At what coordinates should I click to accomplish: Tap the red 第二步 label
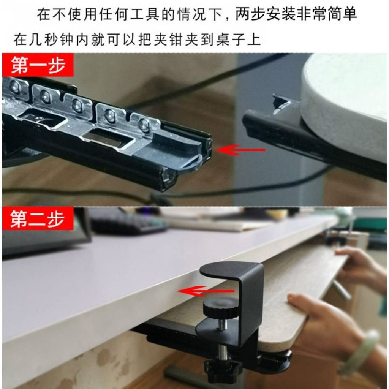click(x=37, y=219)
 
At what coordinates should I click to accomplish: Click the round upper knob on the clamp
click(x=220, y=307)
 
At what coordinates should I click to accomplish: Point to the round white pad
click(x=344, y=99)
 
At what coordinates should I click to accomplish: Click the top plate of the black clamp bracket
click(x=232, y=270)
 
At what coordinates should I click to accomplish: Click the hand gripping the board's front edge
click(x=323, y=319)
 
